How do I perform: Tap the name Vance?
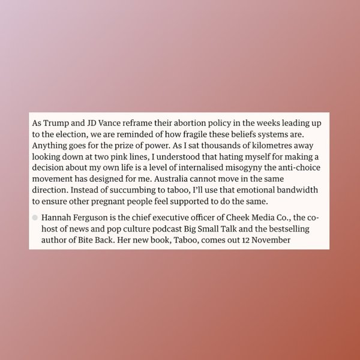(x=107, y=122)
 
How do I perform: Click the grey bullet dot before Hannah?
(x=35, y=218)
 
